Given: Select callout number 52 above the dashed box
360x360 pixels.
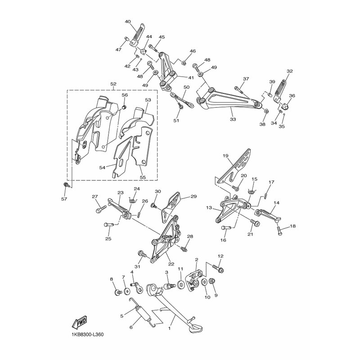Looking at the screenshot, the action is tap(114, 84).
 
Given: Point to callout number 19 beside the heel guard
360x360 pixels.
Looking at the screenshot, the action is tap(225, 156).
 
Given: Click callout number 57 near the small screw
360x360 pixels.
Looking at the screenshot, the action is tap(64, 199).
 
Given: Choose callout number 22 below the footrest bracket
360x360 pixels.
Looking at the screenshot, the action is tap(171, 264).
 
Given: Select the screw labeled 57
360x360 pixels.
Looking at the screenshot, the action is tap(66, 184).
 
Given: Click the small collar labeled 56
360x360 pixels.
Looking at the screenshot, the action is tap(124, 107).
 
